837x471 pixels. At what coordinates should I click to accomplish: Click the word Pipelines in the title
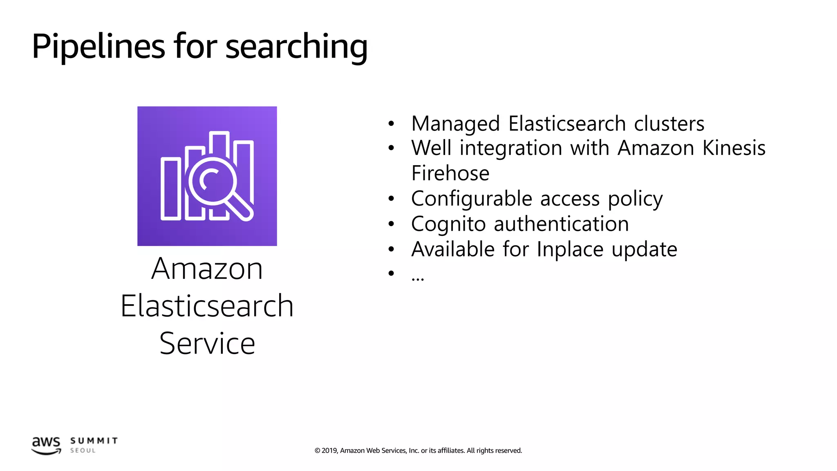98,46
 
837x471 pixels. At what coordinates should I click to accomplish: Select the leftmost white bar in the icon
171,189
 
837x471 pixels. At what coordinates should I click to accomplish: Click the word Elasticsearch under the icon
207,306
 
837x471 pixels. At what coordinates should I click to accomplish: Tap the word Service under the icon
207,343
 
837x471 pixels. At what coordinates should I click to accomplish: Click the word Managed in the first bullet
455,123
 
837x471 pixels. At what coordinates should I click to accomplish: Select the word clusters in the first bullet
669,123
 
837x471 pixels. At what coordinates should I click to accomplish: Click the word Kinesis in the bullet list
734,148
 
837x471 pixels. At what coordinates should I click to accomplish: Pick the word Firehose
450,173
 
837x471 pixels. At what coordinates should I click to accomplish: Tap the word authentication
561,224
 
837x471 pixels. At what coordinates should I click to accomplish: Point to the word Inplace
570,249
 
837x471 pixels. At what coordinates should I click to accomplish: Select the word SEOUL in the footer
83,451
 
